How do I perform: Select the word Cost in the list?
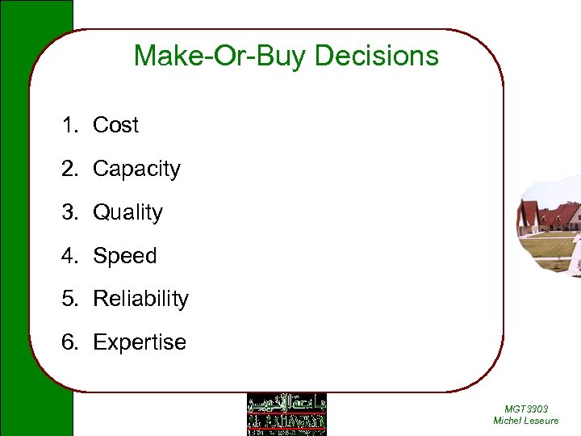(115, 125)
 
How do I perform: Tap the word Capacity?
(136, 169)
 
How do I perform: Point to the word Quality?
(127, 212)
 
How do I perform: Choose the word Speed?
(124, 256)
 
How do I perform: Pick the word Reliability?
(140, 299)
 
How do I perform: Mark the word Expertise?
(139, 342)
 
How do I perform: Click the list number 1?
(69, 125)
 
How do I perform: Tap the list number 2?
(69, 169)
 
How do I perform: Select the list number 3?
(69, 212)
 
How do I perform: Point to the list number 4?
(69, 256)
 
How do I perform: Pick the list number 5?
(69, 299)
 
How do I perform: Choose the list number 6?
(69, 342)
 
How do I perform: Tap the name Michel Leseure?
(525, 421)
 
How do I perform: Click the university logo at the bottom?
(286, 414)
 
